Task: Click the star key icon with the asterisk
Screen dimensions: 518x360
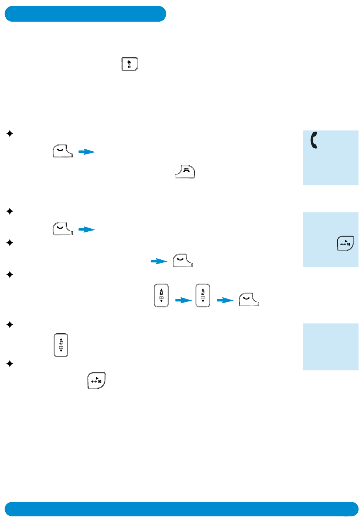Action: pos(130,64)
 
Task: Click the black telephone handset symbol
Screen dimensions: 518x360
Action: pos(314,140)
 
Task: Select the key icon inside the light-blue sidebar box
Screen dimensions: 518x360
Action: pos(345,243)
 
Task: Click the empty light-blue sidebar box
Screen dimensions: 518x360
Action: pos(330,346)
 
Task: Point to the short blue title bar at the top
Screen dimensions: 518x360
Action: pos(85,14)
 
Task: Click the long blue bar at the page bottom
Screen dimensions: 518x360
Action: pos(181,509)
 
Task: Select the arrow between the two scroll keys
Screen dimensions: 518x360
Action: pos(183,300)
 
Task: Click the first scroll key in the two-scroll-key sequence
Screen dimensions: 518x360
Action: pos(161,295)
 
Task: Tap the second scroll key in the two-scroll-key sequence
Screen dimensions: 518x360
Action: pos(203,295)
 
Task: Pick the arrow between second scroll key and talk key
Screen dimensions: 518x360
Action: pos(225,300)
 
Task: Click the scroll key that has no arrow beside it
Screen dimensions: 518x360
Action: pos(61,345)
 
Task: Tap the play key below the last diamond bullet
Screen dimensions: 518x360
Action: pos(96,380)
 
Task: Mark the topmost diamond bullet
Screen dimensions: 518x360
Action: pos(10,133)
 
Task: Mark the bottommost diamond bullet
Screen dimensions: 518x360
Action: pos(10,364)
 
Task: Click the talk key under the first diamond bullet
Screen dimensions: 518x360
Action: pos(63,151)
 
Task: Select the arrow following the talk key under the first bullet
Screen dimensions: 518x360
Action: pos(87,152)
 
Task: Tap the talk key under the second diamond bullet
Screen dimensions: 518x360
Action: pos(63,228)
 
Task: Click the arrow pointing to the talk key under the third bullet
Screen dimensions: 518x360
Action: pos(159,261)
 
